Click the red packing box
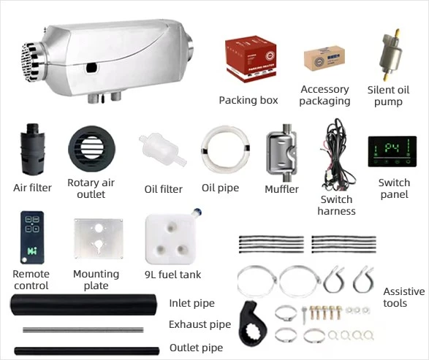pyautogui.click(x=251, y=58)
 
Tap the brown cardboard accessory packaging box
pyautogui.click(x=324, y=58)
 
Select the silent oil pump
pyautogui.click(x=391, y=55)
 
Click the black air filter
pyautogui.click(x=32, y=149)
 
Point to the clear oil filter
pyautogui.click(x=162, y=150)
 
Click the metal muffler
pyautogui.click(x=282, y=153)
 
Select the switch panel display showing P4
pyautogui.click(x=392, y=151)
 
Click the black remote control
pyautogui.click(x=32, y=237)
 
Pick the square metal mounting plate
pyautogui.click(x=98, y=239)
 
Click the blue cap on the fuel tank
pyautogui.click(x=197, y=211)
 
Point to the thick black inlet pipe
pyautogui.click(x=84, y=305)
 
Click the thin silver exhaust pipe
pyautogui.click(x=83, y=330)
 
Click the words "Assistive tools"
pyautogui.click(x=404, y=297)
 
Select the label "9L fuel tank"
pyautogui.click(x=172, y=275)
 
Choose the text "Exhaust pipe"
pyautogui.click(x=200, y=324)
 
